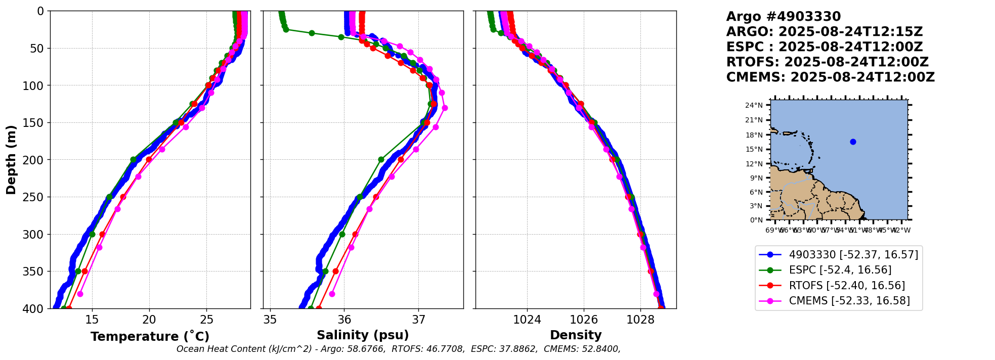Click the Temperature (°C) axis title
pos(150,337)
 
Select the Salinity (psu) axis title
pos(363,335)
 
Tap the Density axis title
pos(576,335)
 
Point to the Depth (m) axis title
pos(11,160)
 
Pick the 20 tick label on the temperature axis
pos(149,320)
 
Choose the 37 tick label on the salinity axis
pos(418,320)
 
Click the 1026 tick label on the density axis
pos(584,320)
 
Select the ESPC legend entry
pos(840,270)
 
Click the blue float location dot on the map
pos(853,142)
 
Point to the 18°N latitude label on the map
pos(754,135)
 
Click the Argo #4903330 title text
pos(783,17)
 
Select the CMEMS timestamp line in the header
pos(830,77)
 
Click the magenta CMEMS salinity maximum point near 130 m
pos(445,108)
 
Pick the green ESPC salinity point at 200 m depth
pos(381,160)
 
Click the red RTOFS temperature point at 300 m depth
pos(102,234)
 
